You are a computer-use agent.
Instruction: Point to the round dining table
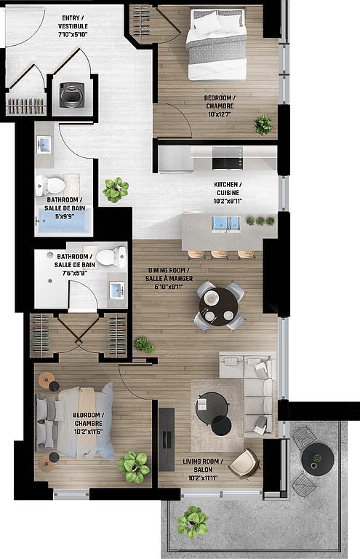pos(218,306)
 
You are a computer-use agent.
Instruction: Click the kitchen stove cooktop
pos(228,158)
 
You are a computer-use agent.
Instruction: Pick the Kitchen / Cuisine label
pos(228,192)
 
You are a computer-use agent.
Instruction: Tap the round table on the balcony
pos(317,459)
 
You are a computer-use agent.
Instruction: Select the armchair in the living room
pos(244,464)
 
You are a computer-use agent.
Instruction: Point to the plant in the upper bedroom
pos(263,125)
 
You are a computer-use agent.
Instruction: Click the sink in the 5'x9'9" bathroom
pos(44,145)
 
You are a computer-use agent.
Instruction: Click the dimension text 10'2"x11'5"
pos(88,432)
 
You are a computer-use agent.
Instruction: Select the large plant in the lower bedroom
pos(134,467)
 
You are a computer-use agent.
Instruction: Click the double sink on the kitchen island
pos(226,224)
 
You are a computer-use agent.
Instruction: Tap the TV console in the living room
pos(167,439)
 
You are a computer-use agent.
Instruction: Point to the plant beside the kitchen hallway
pos(116,190)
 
